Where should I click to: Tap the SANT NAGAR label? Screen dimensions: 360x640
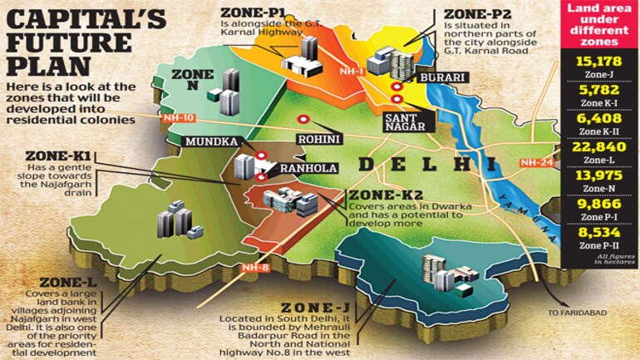pyautogui.click(x=405, y=126)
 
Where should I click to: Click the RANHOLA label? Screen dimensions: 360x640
pyautogui.click(x=307, y=168)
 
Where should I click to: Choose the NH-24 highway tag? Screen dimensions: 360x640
pyautogui.click(x=534, y=163)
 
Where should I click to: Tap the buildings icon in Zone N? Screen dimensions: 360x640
pyautogui.click(x=224, y=92)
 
